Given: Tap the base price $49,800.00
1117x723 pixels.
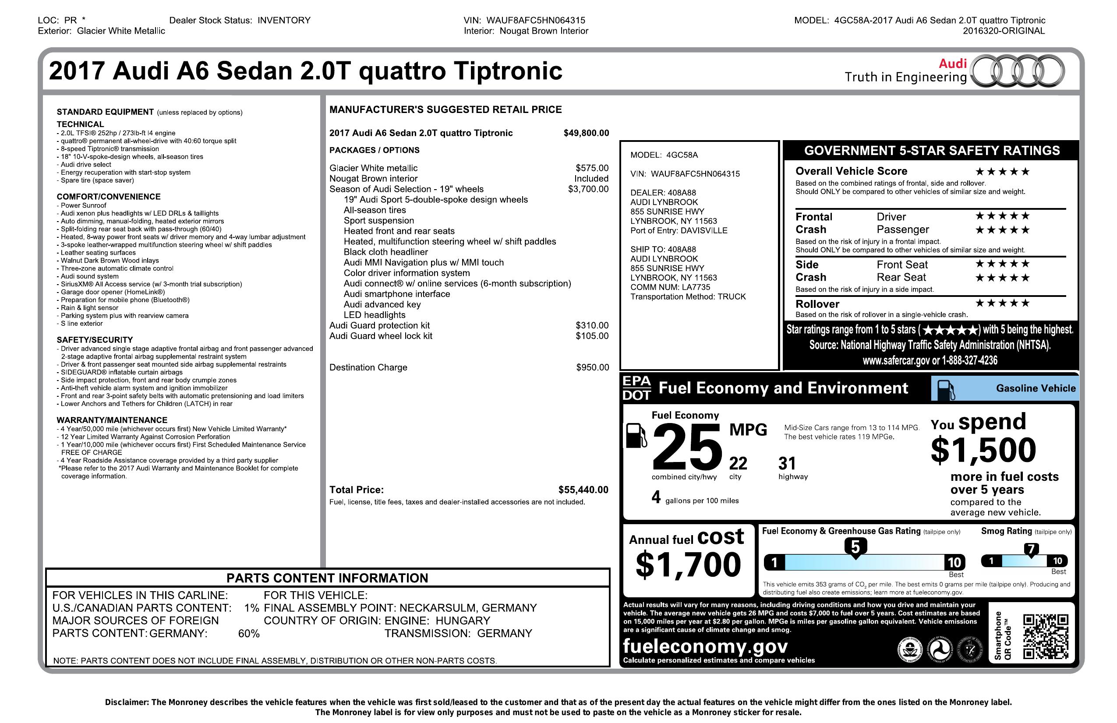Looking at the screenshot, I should [586, 133].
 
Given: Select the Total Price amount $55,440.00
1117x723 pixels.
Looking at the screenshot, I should [583, 490].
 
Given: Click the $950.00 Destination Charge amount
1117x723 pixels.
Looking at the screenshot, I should [592, 367].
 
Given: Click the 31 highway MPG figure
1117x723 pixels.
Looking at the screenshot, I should [787, 464].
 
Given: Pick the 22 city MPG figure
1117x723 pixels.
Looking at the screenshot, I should [738, 464].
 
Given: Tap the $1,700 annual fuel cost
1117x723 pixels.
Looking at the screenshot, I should [688, 564].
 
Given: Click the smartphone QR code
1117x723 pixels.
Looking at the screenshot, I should [1046, 637].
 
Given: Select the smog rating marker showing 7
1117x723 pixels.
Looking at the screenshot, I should [1031, 549].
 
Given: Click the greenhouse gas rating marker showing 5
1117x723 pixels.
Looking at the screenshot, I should [855, 547].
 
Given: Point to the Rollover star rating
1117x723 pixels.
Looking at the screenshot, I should [1003, 303].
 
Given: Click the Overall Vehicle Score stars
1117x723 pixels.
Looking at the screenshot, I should [1003, 172].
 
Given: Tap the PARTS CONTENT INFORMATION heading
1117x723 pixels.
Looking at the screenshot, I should [327, 578].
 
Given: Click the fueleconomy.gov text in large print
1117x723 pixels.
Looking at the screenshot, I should [705, 646].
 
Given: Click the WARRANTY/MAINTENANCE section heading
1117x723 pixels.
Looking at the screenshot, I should [112, 420].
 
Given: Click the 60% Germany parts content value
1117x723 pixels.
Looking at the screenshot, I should [249, 634].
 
